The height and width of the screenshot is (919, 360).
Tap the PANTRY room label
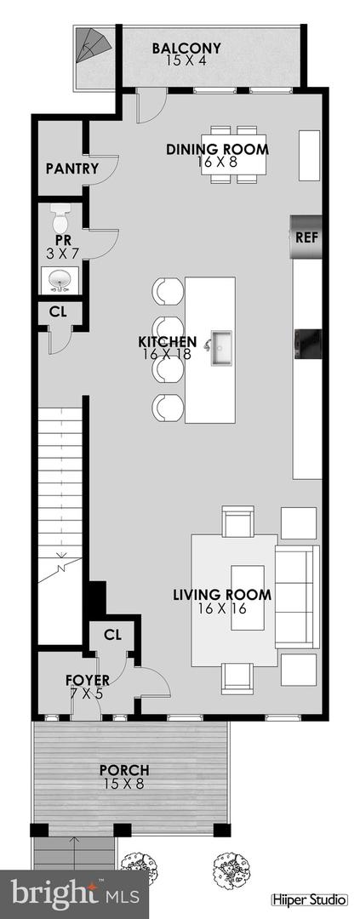71,168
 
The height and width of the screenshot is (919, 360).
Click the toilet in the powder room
60,220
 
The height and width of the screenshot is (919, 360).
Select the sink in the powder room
59,277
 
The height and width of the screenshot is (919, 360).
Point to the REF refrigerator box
306,237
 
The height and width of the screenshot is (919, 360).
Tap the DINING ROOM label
217,150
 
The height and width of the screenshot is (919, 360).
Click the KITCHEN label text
168,342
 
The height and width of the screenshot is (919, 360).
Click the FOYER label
88,680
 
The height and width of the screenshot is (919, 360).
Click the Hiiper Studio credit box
308,899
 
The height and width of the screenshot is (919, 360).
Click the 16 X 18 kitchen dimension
169,355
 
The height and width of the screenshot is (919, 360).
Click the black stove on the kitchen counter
307,344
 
